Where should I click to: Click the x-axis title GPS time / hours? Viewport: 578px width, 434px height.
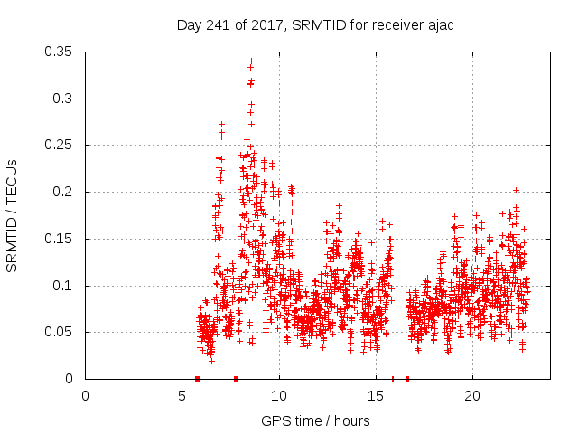tap(315, 420)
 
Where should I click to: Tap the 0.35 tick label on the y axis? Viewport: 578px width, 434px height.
tap(61, 52)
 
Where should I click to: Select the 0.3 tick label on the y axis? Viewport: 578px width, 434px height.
tap(64, 99)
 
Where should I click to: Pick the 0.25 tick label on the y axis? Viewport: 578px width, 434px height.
tap(61, 145)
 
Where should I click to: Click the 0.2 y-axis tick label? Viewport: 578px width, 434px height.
tap(64, 192)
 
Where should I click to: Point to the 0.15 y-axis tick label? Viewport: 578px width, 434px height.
tap(61, 239)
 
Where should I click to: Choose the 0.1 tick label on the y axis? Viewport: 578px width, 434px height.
tap(64, 286)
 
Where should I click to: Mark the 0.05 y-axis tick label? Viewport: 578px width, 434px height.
tap(61, 332)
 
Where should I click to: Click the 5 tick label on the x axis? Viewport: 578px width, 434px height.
tap(182, 396)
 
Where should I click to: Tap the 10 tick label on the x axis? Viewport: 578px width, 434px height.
tap(279, 396)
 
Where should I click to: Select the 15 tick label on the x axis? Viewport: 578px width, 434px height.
tap(376, 396)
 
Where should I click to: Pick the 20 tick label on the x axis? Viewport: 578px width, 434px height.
tap(472, 396)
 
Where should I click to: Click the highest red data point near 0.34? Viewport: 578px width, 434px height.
tap(251, 61)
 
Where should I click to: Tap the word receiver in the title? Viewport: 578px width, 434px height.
tap(388, 25)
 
